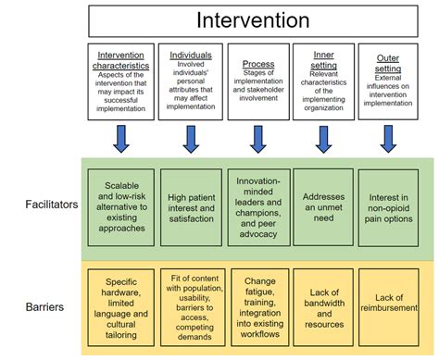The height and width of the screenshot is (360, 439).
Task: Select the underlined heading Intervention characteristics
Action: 121,61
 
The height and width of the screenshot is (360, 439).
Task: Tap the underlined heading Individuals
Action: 191,56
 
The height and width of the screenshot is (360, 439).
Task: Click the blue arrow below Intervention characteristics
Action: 122,138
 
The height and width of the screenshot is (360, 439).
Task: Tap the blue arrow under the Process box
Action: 258,138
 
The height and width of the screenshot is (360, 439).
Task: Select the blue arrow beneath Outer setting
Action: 389,138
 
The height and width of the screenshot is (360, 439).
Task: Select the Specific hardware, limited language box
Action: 121,305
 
